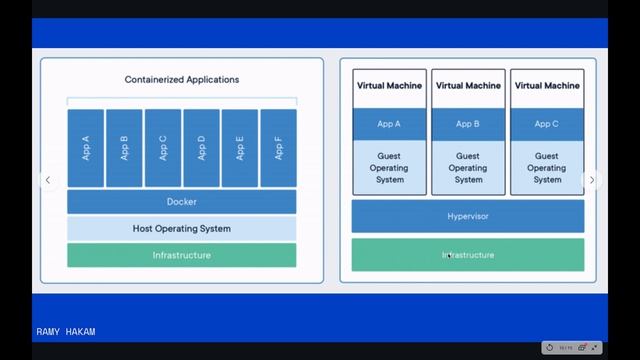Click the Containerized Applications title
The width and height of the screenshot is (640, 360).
click(x=182, y=79)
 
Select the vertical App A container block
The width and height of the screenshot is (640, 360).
click(x=86, y=148)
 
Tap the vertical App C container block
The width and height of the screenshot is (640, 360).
click(x=163, y=148)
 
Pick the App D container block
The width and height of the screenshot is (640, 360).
click(x=201, y=148)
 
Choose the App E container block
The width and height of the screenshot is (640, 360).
click(x=240, y=148)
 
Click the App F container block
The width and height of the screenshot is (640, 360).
click(x=278, y=148)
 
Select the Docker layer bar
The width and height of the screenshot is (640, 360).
click(x=182, y=202)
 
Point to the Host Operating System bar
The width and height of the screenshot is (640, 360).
click(x=182, y=229)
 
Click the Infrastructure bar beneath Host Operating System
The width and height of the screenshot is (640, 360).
click(x=182, y=255)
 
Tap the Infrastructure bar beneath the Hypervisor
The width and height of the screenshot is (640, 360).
click(x=468, y=255)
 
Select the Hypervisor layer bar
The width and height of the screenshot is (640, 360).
click(x=468, y=216)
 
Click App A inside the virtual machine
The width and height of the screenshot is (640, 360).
click(x=389, y=124)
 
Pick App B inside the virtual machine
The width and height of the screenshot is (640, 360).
click(x=468, y=124)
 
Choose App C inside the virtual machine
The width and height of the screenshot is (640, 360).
click(x=547, y=124)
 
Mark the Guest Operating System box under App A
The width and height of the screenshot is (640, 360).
click(x=389, y=168)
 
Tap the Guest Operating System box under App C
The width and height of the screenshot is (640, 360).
click(x=547, y=168)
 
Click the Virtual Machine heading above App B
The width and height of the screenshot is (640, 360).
click(x=468, y=86)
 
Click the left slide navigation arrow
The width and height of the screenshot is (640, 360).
click(x=46, y=180)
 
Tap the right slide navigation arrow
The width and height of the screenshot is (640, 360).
click(x=591, y=180)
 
